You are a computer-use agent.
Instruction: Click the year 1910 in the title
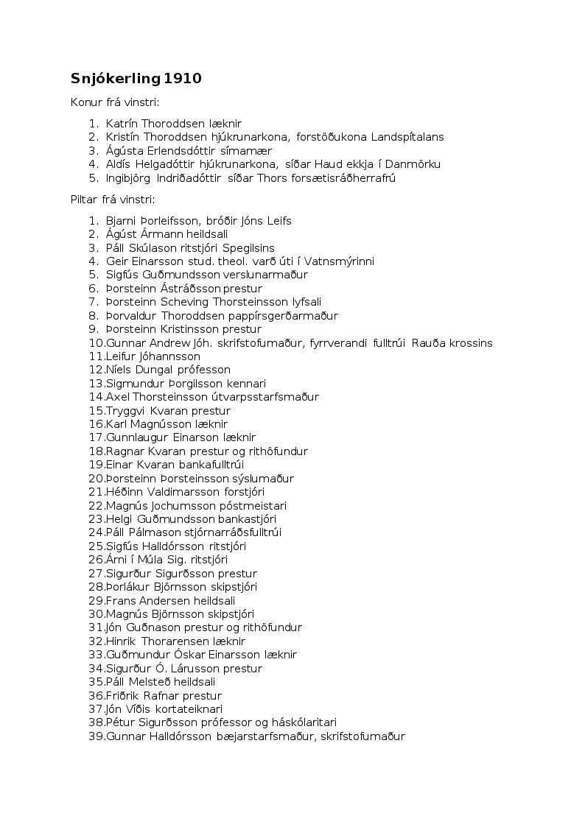(183, 79)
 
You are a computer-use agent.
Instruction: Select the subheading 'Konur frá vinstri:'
(115, 102)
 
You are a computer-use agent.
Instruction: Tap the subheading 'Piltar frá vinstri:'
(113, 200)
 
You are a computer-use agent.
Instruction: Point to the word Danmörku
(415, 164)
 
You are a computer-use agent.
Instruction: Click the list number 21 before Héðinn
(96, 492)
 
